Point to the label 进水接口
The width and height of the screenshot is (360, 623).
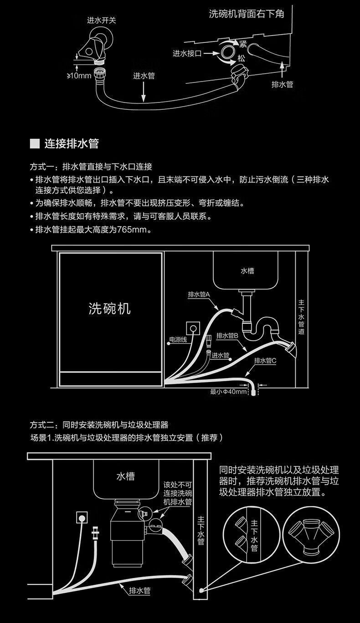pos(187,53)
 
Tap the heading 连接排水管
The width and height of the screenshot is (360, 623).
pos(72,144)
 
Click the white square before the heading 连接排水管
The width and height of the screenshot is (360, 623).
pos(35,144)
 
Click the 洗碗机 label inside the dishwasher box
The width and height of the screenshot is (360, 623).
pos(109,309)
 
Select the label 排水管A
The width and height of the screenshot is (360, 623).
pos(198,295)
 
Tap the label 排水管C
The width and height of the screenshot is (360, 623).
pos(265,361)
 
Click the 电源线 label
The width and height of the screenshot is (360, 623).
pos(178,339)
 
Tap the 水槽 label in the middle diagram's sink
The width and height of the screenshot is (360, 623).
pos(247,271)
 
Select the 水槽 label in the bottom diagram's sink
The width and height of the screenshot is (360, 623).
pos(125,476)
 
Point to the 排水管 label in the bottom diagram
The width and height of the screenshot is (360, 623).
pos(140,591)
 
